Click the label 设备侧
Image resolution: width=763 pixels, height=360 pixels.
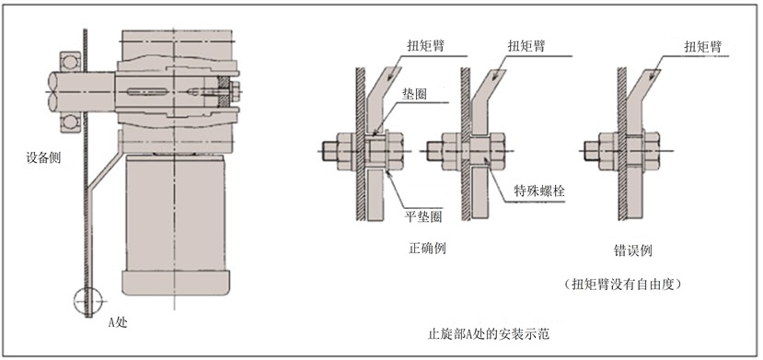(x=43, y=158)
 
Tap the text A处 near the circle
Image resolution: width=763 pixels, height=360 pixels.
(x=117, y=322)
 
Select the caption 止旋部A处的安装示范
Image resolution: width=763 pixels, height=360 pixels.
(x=488, y=335)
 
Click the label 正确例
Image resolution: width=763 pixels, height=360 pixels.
(x=427, y=249)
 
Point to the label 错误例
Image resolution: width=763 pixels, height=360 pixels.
(x=632, y=251)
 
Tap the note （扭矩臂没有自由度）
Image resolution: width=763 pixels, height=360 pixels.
(x=622, y=285)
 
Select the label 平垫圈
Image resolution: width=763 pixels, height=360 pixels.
(x=423, y=216)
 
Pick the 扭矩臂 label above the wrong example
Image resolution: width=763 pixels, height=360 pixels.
(x=702, y=47)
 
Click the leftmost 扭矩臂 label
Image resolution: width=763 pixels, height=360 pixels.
(x=427, y=46)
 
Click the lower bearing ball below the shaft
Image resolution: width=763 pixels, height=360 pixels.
(x=70, y=122)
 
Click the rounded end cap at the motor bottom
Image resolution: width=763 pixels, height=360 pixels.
(x=175, y=282)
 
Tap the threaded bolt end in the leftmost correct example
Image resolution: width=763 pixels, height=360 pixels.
(x=329, y=151)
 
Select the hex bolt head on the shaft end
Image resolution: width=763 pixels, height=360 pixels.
(x=236, y=91)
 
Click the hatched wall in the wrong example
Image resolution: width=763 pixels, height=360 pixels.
(x=622, y=144)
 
